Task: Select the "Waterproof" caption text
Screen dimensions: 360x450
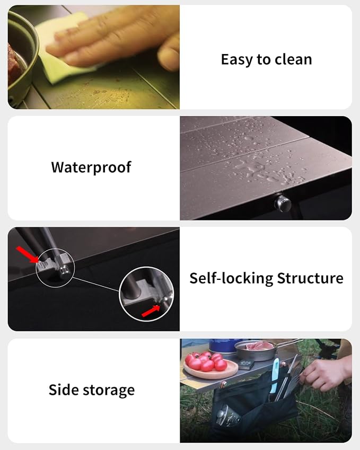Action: click(x=91, y=167)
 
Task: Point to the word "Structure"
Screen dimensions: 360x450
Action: click(x=310, y=278)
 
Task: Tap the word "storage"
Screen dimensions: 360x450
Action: click(x=109, y=391)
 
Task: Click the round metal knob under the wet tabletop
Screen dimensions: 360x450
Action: click(x=283, y=203)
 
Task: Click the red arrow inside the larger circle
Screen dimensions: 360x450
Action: click(x=151, y=311)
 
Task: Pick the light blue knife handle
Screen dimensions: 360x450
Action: click(x=275, y=372)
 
